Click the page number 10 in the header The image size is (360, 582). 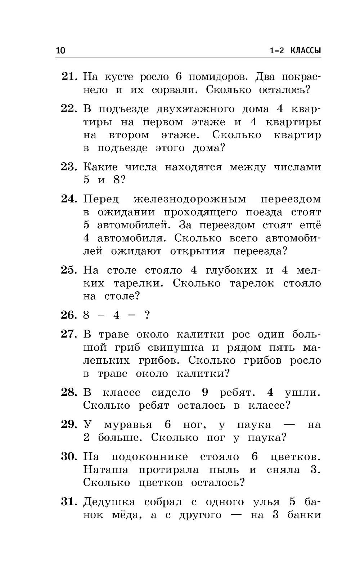(60, 50)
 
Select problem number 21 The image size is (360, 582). (69, 76)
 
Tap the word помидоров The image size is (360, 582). (217, 77)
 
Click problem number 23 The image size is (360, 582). (69, 167)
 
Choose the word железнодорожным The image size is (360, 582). (190, 199)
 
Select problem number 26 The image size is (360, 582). (69, 315)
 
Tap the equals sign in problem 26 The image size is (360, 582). (132, 315)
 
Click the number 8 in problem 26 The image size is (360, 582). (86, 315)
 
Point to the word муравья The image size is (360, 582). (128, 425)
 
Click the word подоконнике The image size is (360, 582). (149, 457)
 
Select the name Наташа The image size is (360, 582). (105, 470)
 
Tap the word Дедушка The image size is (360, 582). (109, 502)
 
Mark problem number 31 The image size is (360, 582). (69, 502)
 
